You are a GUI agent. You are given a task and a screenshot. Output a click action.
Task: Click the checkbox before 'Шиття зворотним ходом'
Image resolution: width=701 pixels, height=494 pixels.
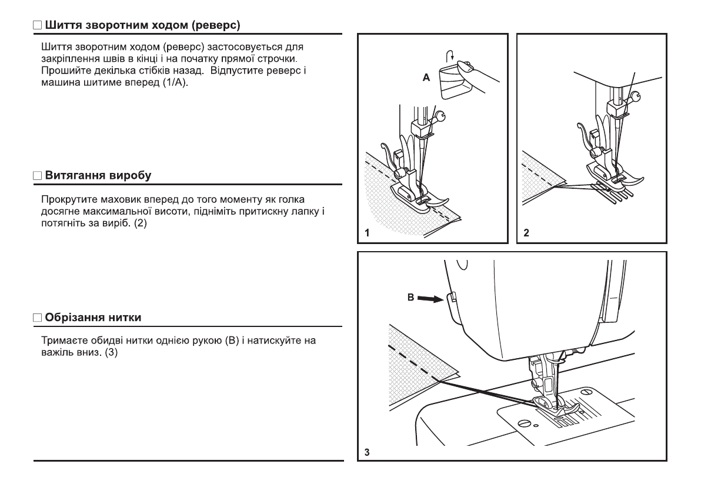click(x=38, y=26)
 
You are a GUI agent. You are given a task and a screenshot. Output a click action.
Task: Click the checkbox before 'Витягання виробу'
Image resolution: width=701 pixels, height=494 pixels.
click(x=38, y=176)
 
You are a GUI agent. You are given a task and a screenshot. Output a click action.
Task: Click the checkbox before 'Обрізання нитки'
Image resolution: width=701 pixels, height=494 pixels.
click(x=38, y=318)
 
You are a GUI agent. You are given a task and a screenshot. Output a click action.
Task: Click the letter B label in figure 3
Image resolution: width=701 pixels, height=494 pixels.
click(x=410, y=298)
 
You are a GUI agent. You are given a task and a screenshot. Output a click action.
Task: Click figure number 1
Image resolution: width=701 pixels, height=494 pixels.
click(x=366, y=233)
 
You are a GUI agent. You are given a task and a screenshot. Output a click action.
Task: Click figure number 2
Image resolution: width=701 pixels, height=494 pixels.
click(x=526, y=233)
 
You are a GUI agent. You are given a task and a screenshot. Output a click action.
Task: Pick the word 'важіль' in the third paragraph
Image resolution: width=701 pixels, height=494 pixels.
click(x=56, y=354)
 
